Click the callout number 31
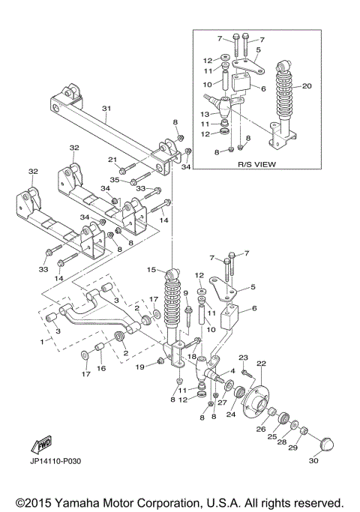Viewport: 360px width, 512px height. pyautogui.click(x=106, y=108)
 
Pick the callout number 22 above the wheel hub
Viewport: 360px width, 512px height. pyautogui.click(x=262, y=364)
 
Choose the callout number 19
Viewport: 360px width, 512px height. pyautogui.click(x=139, y=367)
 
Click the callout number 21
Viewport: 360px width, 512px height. pyautogui.click(x=112, y=159)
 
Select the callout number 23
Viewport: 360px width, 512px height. pyautogui.click(x=243, y=358)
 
